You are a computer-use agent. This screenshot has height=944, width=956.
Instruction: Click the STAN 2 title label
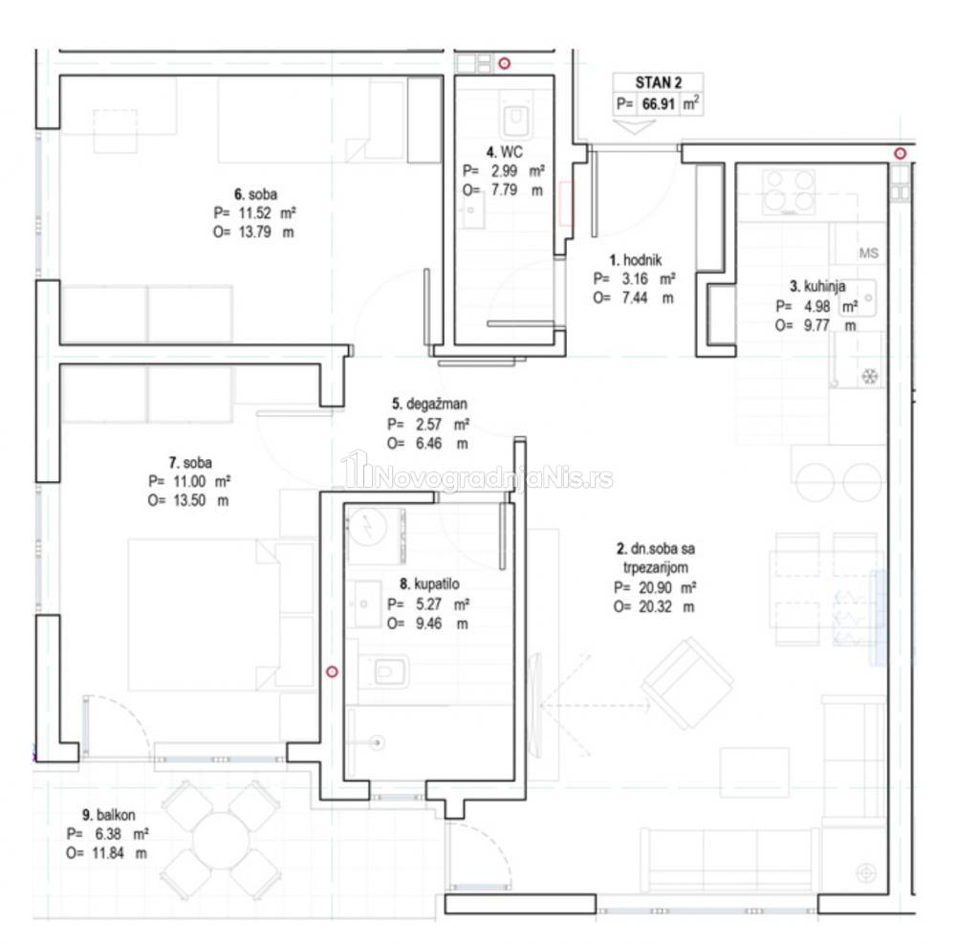[658, 82]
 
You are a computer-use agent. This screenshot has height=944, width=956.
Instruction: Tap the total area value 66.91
[659, 103]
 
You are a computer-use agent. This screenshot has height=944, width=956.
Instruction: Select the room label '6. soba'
[255, 194]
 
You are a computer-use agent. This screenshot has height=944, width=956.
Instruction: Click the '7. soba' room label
[190, 462]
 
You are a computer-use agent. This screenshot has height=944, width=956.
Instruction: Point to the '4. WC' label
[504, 152]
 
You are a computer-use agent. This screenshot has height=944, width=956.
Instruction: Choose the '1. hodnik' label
[636, 260]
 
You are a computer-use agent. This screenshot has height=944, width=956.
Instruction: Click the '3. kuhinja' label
[817, 286]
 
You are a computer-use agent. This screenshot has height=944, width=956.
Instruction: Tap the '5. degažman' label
[429, 404]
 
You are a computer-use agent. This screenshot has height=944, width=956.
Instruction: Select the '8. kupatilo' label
[429, 584]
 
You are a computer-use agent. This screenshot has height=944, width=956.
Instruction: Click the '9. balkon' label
[109, 815]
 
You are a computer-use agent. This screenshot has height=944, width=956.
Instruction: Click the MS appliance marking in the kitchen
[868, 252]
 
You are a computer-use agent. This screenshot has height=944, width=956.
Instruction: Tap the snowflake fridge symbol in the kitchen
[869, 376]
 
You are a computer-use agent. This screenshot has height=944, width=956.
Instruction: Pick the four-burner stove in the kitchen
[790, 191]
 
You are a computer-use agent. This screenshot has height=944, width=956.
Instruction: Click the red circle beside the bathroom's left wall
[332, 671]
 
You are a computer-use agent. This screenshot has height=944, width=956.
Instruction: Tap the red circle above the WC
[504, 63]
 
